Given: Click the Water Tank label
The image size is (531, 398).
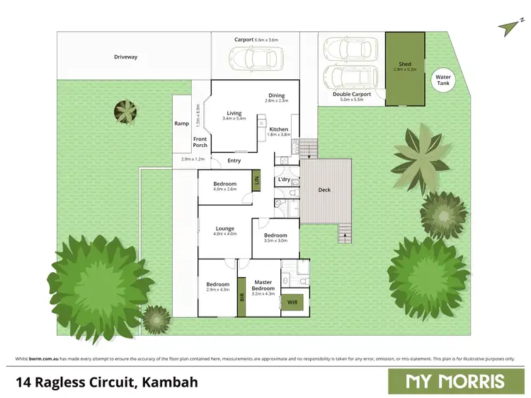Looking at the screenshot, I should pos(443,81).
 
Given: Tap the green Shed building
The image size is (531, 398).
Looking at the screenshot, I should pos(405,69).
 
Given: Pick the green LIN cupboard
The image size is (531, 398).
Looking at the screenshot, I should pos(257,181).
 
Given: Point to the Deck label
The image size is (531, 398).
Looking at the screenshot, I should pos(324,189).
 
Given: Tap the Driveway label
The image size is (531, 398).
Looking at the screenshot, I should pos(125,57).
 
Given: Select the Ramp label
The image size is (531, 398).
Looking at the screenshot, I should pos(182,124).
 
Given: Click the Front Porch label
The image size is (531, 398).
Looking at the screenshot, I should pos(200,142).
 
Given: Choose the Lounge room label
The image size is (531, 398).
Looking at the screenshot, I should pos(225,228).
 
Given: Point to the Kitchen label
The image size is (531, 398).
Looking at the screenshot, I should pos(278,129).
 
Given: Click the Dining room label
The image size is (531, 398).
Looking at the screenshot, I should pos(276,96).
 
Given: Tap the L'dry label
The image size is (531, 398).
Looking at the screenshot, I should pos(284,180).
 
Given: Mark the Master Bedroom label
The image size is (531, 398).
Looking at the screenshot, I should pos(263,285).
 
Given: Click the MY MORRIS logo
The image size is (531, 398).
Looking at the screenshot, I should pos(455,381).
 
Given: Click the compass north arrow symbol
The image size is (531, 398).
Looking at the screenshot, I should pos(506,28).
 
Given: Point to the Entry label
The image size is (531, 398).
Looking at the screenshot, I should pos(234,160).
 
